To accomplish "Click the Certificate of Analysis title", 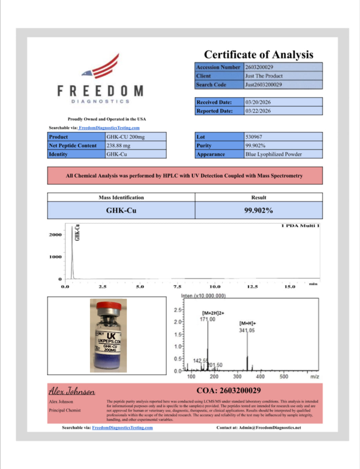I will pos(258,55).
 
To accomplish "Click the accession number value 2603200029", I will pos(259,67).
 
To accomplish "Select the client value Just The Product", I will pos(264,76).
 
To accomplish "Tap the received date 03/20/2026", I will pos(258,102).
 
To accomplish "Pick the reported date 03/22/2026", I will pos(258,111).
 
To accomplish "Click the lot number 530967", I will pos(254,137).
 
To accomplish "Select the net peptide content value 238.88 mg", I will pos(118,145).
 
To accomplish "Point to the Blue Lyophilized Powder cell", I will pos(274,154).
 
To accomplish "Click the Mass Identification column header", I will pos(121,197).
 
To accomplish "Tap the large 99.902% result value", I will pos(258,210).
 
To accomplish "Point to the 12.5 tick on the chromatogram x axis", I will pos(252,287).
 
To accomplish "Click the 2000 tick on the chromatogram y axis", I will pos(55,235).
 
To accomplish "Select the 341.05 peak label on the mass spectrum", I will pos(247,330).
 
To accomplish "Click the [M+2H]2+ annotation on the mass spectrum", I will pos(213,313).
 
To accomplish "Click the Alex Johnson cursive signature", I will pos(72,391).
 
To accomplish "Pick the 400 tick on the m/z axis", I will pos(260,376).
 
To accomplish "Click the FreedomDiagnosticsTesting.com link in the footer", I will pos(122,428).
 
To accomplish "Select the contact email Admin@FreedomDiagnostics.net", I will pos(270,428).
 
